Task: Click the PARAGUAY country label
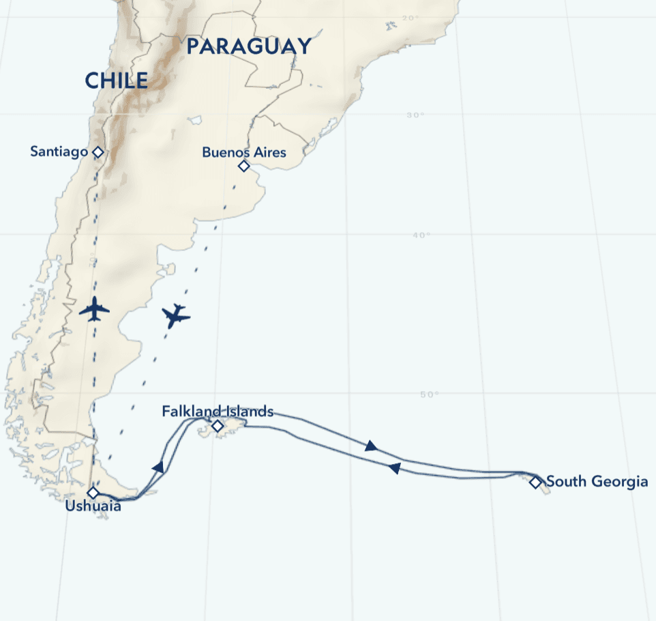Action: (x=249, y=46)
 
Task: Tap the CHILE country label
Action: (x=116, y=81)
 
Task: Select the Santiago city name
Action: (x=59, y=151)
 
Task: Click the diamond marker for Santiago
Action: (x=98, y=152)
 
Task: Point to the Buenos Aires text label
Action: (x=244, y=152)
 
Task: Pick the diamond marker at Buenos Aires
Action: (x=244, y=166)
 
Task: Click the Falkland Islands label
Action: (x=218, y=411)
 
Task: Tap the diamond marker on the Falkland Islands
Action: (x=218, y=427)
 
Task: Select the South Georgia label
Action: (x=597, y=482)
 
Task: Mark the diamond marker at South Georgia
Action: (x=535, y=482)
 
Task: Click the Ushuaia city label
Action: (x=93, y=506)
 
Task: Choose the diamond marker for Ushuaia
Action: (x=93, y=493)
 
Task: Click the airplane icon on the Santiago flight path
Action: (x=94, y=309)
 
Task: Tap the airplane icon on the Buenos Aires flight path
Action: (x=176, y=316)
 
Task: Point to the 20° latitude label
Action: (x=411, y=18)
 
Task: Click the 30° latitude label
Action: (x=415, y=115)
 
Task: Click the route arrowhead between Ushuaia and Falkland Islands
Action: (x=159, y=467)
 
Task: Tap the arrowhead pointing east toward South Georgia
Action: (x=370, y=446)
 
